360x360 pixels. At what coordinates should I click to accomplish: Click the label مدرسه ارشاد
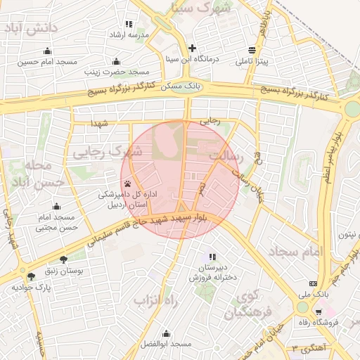point(127,34)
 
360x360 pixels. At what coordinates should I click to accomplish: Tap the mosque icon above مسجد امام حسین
point(47,51)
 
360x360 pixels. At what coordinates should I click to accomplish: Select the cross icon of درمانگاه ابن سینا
point(192,48)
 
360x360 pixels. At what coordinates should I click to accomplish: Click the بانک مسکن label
point(180,84)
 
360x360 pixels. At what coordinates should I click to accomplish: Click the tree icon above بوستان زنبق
point(63,259)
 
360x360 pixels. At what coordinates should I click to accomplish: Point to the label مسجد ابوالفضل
point(166,344)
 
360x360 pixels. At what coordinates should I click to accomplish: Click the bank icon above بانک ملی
point(313,284)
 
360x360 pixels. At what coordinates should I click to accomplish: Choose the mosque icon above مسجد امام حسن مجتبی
point(56,207)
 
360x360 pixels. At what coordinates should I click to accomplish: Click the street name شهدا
point(98,123)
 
